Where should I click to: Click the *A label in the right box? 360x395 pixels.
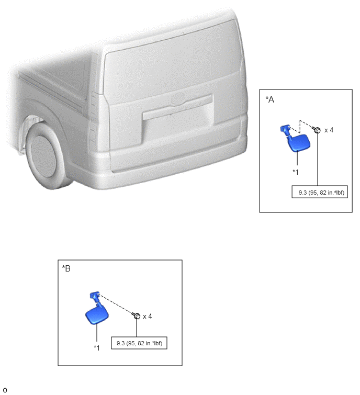[270, 99]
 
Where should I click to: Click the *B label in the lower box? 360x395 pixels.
[66, 268]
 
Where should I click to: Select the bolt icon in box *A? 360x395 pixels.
[317, 130]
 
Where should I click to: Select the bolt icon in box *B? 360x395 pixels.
[136, 315]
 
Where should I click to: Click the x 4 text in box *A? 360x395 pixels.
[329, 130]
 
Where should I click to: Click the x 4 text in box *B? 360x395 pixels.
[148, 316]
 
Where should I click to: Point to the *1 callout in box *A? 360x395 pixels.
[296, 172]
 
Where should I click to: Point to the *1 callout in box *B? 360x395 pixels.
[97, 348]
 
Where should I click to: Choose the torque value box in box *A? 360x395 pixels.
[320, 192]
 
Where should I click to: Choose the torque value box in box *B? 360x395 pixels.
[139, 343]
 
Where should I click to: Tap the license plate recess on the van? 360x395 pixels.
[178, 127]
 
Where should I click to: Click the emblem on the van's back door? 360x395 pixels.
[177, 98]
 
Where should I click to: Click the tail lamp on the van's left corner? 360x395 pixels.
[94, 121]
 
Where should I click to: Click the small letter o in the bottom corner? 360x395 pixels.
[5, 390]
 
